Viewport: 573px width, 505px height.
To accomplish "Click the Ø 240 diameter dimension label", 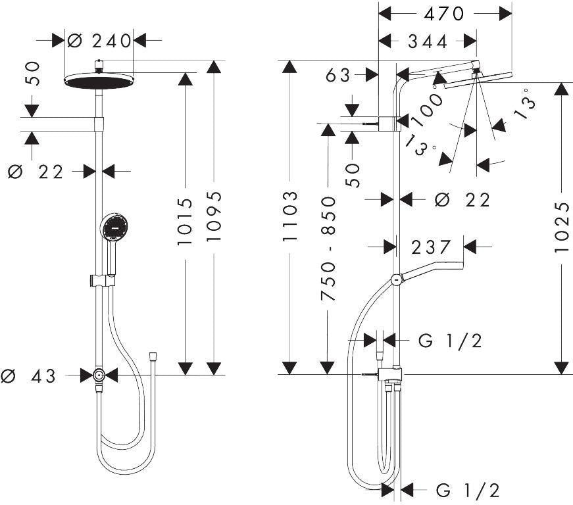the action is [99, 41].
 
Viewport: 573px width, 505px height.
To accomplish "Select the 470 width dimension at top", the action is [443, 14].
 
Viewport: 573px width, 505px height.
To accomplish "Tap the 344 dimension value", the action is [427, 41].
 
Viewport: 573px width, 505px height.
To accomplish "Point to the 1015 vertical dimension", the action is [185, 222].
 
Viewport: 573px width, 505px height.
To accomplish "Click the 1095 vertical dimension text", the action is [214, 216].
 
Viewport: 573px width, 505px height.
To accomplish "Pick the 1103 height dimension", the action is [290, 216].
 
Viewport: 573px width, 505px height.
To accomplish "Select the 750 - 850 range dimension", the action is [328, 249].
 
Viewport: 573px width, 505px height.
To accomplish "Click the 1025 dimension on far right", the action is [562, 227].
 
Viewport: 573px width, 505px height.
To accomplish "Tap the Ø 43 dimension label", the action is [28, 376].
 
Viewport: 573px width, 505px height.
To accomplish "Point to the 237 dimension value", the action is [431, 247].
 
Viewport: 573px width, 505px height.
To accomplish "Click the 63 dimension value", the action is [338, 76].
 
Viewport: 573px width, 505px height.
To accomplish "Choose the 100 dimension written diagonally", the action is [428, 110].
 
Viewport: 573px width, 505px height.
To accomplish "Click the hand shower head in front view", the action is [114, 226].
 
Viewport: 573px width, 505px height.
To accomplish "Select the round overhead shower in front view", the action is [100, 81].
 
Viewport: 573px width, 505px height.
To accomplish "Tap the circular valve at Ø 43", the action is [99, 375].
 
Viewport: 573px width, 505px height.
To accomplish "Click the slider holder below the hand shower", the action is [102, 280].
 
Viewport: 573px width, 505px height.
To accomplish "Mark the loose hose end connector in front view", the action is [153, 356].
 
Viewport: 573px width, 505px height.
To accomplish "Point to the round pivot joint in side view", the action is [397, 279].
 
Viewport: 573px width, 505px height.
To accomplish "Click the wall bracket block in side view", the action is [387, 124].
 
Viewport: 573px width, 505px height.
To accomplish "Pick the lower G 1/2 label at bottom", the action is [468, 491].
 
